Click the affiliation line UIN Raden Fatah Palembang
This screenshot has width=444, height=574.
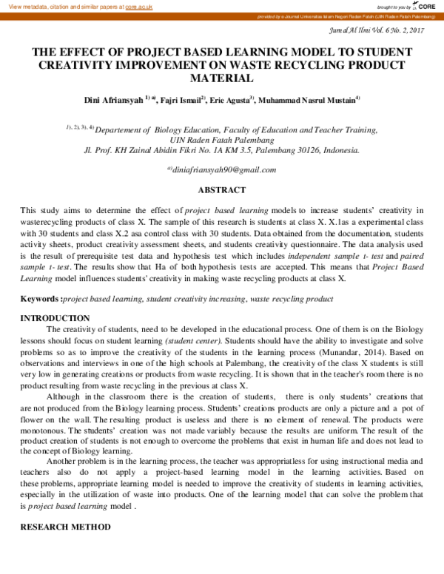[x=222, y=139]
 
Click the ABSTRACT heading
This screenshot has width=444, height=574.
[x=222, y=190]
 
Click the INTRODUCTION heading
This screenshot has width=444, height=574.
[x=55, y=318]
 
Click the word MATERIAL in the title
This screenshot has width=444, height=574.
[x=222, y=77]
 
